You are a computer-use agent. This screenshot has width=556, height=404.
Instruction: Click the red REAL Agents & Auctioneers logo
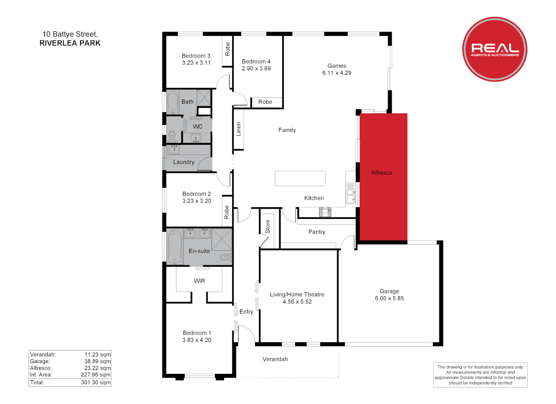click(495, 49)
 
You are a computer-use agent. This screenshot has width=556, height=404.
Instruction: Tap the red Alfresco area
click(383, 177)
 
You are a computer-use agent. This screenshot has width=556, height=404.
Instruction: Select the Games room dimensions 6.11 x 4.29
click(336, 73)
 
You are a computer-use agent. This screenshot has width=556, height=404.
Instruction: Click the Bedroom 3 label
click(196, 56)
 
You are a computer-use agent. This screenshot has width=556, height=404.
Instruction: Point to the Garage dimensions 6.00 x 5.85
click(389, 298)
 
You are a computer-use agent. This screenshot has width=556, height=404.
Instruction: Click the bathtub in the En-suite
click(175, 247)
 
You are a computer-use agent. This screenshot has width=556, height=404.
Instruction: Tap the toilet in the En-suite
click(226, 257)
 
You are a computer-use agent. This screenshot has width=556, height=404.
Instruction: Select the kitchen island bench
click(300, 178)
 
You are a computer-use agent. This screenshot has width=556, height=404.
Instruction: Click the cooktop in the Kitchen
click(325, 212)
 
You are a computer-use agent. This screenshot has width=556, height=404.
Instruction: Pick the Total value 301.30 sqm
click(96, 382)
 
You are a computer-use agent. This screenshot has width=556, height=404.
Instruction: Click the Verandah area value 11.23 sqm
click(97, 355)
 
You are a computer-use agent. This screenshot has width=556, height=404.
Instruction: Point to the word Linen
click(238, 129)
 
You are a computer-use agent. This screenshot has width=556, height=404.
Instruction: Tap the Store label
click(268, 227)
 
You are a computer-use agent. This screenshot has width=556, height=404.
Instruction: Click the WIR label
click(199, 281)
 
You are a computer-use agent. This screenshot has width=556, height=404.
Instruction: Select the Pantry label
click(317, 232)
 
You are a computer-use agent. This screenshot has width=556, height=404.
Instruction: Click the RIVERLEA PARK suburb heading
click(70, 43)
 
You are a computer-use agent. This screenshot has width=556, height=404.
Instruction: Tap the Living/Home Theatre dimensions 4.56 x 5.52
click(297, 302)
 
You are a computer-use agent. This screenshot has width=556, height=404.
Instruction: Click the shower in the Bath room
click(204, 98)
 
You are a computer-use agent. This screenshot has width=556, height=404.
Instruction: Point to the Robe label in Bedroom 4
click(265, 102)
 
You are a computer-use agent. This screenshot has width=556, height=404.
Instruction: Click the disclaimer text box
click(480, 375)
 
